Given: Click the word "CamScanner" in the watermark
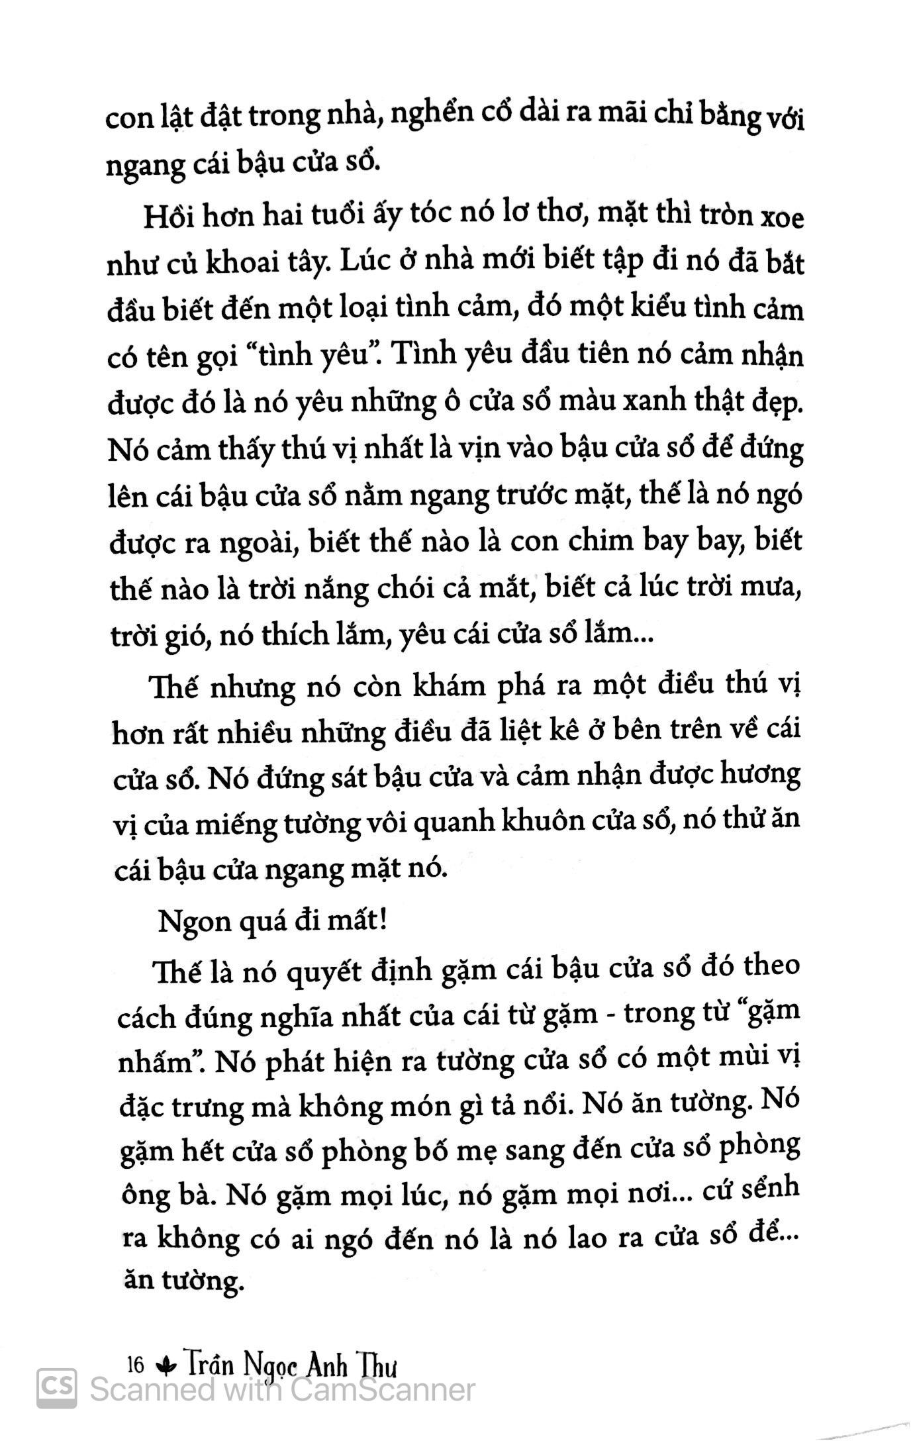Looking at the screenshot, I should pos(382,1389).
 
